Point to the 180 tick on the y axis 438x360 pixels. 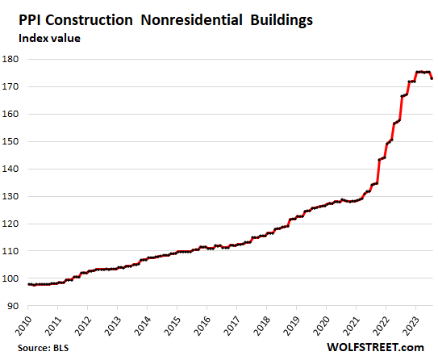pyautogui.click(x=13, y=59)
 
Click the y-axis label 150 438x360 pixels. pyautogui.click(x=13, y=141)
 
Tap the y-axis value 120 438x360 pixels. pyautogui.click(x=13, y=224)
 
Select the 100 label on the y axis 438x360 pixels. pyautogui.click(x=13, y=278)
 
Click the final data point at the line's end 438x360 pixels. pyautogui.click(x=433, y=78)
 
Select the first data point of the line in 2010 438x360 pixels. pyautogui.click(x=29, y=284)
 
